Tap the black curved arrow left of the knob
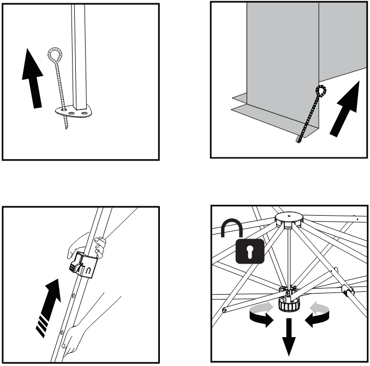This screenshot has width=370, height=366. coord(261,318)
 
